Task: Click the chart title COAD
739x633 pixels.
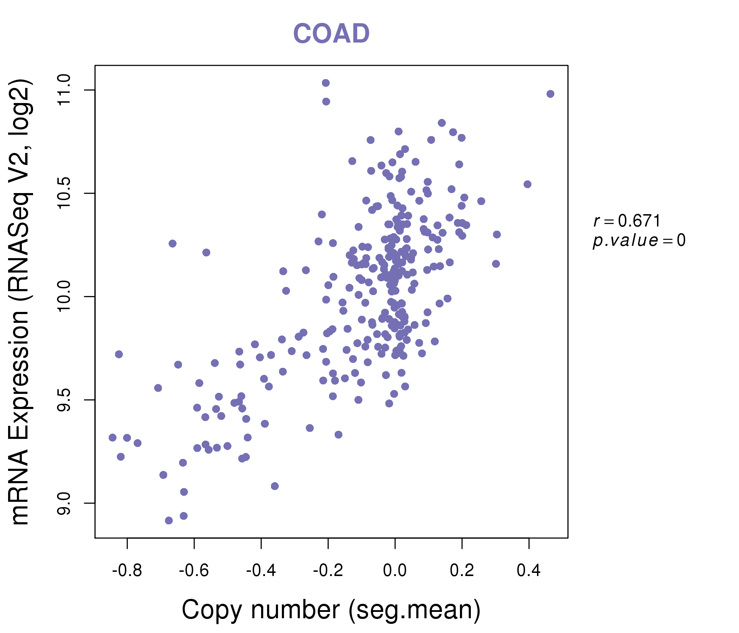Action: pyautogui.click(x=331, y=33)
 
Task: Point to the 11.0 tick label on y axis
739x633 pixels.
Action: pyautogui.click(x=64, y=90)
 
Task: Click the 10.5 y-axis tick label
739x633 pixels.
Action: pyautogui.click(x=64, y=193)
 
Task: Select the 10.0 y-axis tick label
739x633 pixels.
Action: pyautogui.click(x=64, y=296)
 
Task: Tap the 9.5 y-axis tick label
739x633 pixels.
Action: pyautogui.click(x=64, y=400)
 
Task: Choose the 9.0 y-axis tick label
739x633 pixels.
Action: pyautogui.click(x=64, y=503)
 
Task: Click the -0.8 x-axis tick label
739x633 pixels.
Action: pyautogui.click(x=127, y=571)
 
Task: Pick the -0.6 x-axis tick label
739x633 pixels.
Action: pyautogui.click(x=194, y=571)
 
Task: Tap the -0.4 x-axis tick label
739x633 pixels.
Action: pyautogui.click(x=261, y=571)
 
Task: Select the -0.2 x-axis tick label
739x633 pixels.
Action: pyautogui.click(x=328, y=571)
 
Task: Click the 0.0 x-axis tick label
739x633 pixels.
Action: pyautogui.click(x=395, y=571)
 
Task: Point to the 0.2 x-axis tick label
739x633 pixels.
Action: pyautogui.click(x=462, y=571)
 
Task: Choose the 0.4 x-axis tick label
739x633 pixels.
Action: pyautogui.click(x=529, y=571)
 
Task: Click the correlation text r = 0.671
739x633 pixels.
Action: pyautogui.click(x=627, y=221)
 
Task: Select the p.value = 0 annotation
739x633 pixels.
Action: pyautogui.click(x=639, y=241)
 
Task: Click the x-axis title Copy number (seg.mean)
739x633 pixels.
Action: pyautogui.click(x=331, y=610)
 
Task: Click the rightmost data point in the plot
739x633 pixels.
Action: pyautogui.click(x=550, y=94)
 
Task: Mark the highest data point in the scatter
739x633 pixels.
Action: pyautogui.click(x=326, y=83)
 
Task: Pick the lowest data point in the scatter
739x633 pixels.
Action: pyautogui.click(x=169, y=521)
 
